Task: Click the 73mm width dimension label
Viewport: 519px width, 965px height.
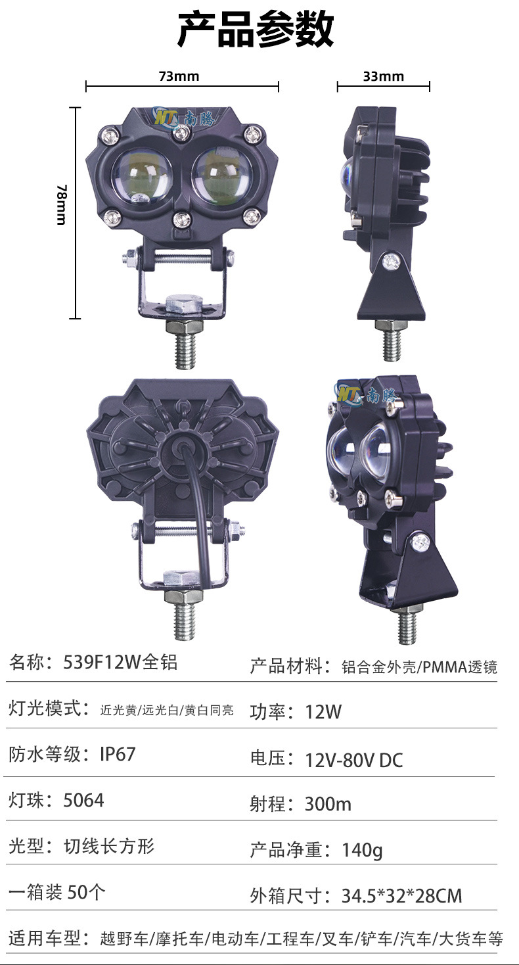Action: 179,76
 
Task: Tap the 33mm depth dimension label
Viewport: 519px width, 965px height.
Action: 383,76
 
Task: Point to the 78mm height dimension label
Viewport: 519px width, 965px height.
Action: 62,204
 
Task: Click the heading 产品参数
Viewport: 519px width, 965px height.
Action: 256,30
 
